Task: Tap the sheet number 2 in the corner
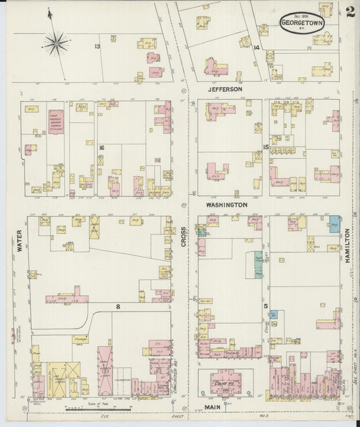(350, 11)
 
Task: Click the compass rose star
(56, 43)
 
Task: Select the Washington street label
(226, 204)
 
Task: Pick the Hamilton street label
(347, 244)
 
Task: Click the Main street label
(215, 407)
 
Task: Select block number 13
(97, 46)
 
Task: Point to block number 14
(256, 47)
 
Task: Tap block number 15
(266, 147)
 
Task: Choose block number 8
(118, 307)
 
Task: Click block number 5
(266, 306)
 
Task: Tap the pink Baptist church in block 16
(55, 122)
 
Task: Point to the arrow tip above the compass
(49, 9)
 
